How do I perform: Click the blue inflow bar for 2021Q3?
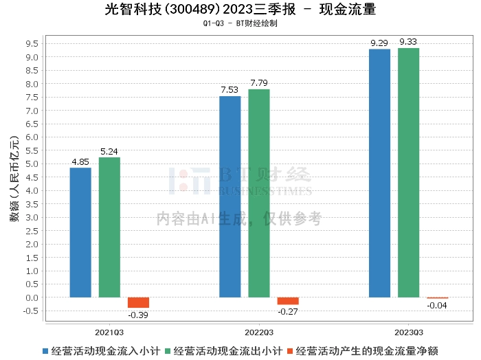pyautogui.click(x=80, y=232)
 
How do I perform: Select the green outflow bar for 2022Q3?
pyautogui.click(x=259, y=193)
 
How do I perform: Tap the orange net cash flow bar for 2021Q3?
pyautogui.click(x=138, y=303)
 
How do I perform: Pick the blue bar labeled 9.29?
pyautogui.click(x=379, y=173)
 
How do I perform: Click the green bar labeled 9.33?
pyautogui.click(x=408, y=172)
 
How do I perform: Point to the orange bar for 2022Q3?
pyautogui.click(x=288, y=301)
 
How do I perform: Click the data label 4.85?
pyautogui.click(x=80, y=161)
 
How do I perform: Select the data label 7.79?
pyautogui.click(x=259, y=83)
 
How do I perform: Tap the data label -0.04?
pyautogui.click(x=437, y=306)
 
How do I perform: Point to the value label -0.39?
pyautogui.click(x=138, y=315)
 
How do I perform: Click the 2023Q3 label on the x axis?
pyautogui.click(x=409, y=333)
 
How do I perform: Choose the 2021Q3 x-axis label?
pyautogui.click(x=109, y=333)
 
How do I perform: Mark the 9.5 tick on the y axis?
pyautogui.click(x=32, y=43)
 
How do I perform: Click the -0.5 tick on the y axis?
pyautogui.click(x=30, y=311)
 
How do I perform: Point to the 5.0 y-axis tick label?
pyautogui.click(x=32, y=164)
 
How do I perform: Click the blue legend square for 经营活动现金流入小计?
pyautogui.click(x=45, y=351)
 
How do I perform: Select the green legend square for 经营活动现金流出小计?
pyautogui.click(x=168, y=351)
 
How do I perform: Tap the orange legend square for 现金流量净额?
pyautogui.click(x=290, y=351)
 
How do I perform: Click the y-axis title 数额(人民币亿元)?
pyautogui.click(x=14, y=179)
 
